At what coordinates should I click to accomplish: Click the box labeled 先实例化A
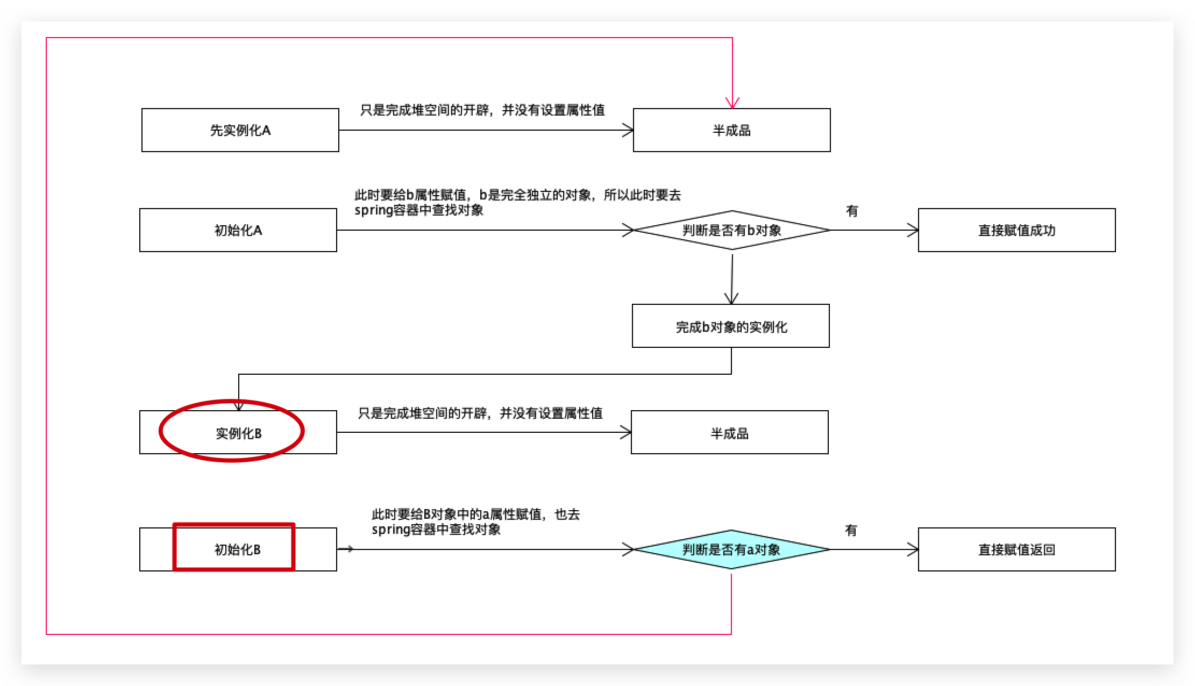point(240,130)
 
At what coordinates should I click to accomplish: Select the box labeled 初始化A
point(238,230)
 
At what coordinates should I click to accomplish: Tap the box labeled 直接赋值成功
point(1016,230)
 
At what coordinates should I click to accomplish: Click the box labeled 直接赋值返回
point(1016,549)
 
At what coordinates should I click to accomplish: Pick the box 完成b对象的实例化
point(731,326)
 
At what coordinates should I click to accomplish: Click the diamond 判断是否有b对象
point(732,230)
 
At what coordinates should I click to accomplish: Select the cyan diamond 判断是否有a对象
point(732,549)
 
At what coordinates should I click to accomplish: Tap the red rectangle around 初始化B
point(174,547)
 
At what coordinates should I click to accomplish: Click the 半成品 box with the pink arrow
point(732,130)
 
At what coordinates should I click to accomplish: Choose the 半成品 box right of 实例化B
point(730,432)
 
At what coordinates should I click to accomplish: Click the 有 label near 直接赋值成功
point(852,211)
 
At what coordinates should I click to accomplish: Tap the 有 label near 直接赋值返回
point(851,530)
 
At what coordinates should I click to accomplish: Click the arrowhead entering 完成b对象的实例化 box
point(731,298)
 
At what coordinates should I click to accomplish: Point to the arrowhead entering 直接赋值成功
point(913,230)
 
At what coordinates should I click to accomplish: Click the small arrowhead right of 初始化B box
point(350,549)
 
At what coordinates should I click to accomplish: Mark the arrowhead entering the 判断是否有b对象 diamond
point(628,230)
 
